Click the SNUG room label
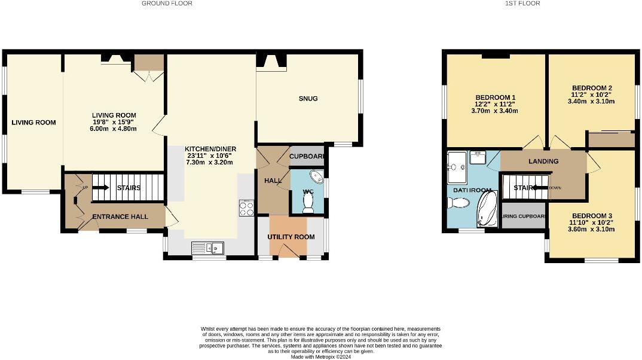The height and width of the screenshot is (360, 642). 309,99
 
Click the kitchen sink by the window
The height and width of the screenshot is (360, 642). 207,247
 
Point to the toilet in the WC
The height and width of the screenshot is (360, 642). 308,204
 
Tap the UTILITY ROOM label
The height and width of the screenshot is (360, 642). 291,237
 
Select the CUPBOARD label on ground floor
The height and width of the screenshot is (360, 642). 307,157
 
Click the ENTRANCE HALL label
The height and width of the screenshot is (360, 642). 120,216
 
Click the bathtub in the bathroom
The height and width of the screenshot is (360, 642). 487,208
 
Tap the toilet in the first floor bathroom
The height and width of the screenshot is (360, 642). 458,203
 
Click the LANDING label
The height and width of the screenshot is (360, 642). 543,161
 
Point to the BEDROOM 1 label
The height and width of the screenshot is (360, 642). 495,97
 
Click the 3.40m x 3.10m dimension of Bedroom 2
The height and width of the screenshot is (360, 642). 592,102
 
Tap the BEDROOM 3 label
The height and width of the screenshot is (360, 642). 592,216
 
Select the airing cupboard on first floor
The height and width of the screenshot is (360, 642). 523,216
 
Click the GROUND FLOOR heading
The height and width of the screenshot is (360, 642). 167,4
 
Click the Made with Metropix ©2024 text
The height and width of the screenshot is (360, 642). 320,357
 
